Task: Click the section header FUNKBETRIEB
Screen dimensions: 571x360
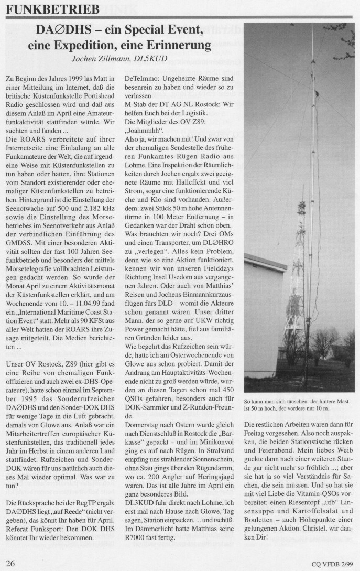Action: click(x=52, y=9)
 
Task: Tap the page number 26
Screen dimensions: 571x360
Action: click(x=10, y=564)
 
